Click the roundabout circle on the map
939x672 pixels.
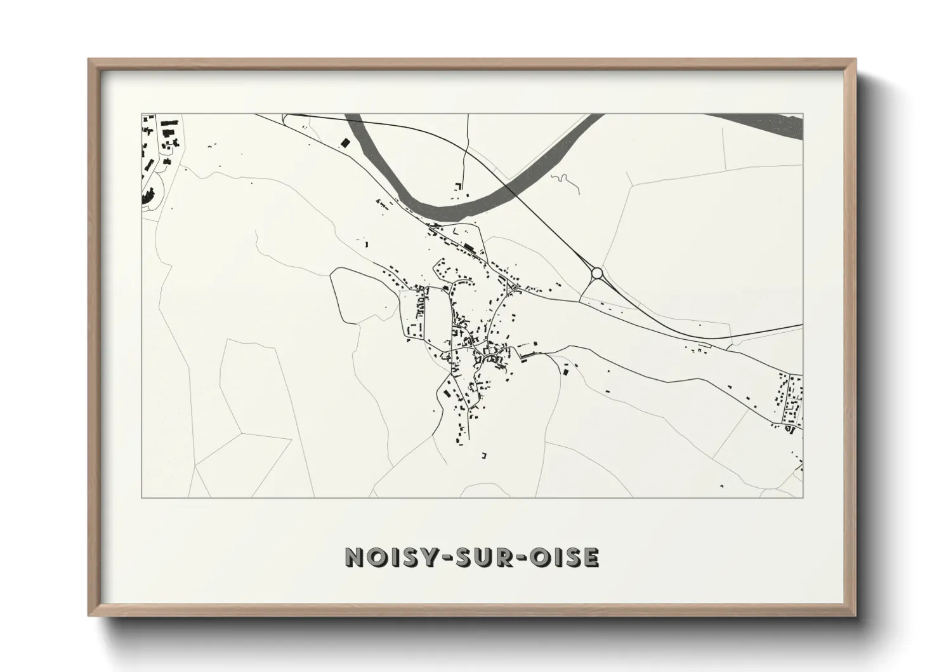596,273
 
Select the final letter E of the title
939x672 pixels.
590,558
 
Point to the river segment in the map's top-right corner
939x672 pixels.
761,124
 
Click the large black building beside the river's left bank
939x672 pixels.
345,142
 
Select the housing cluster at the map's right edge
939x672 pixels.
789,403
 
